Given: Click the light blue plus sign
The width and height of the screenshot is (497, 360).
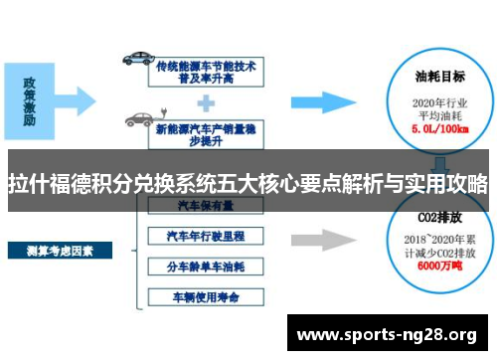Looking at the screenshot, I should tap(207, 100).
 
